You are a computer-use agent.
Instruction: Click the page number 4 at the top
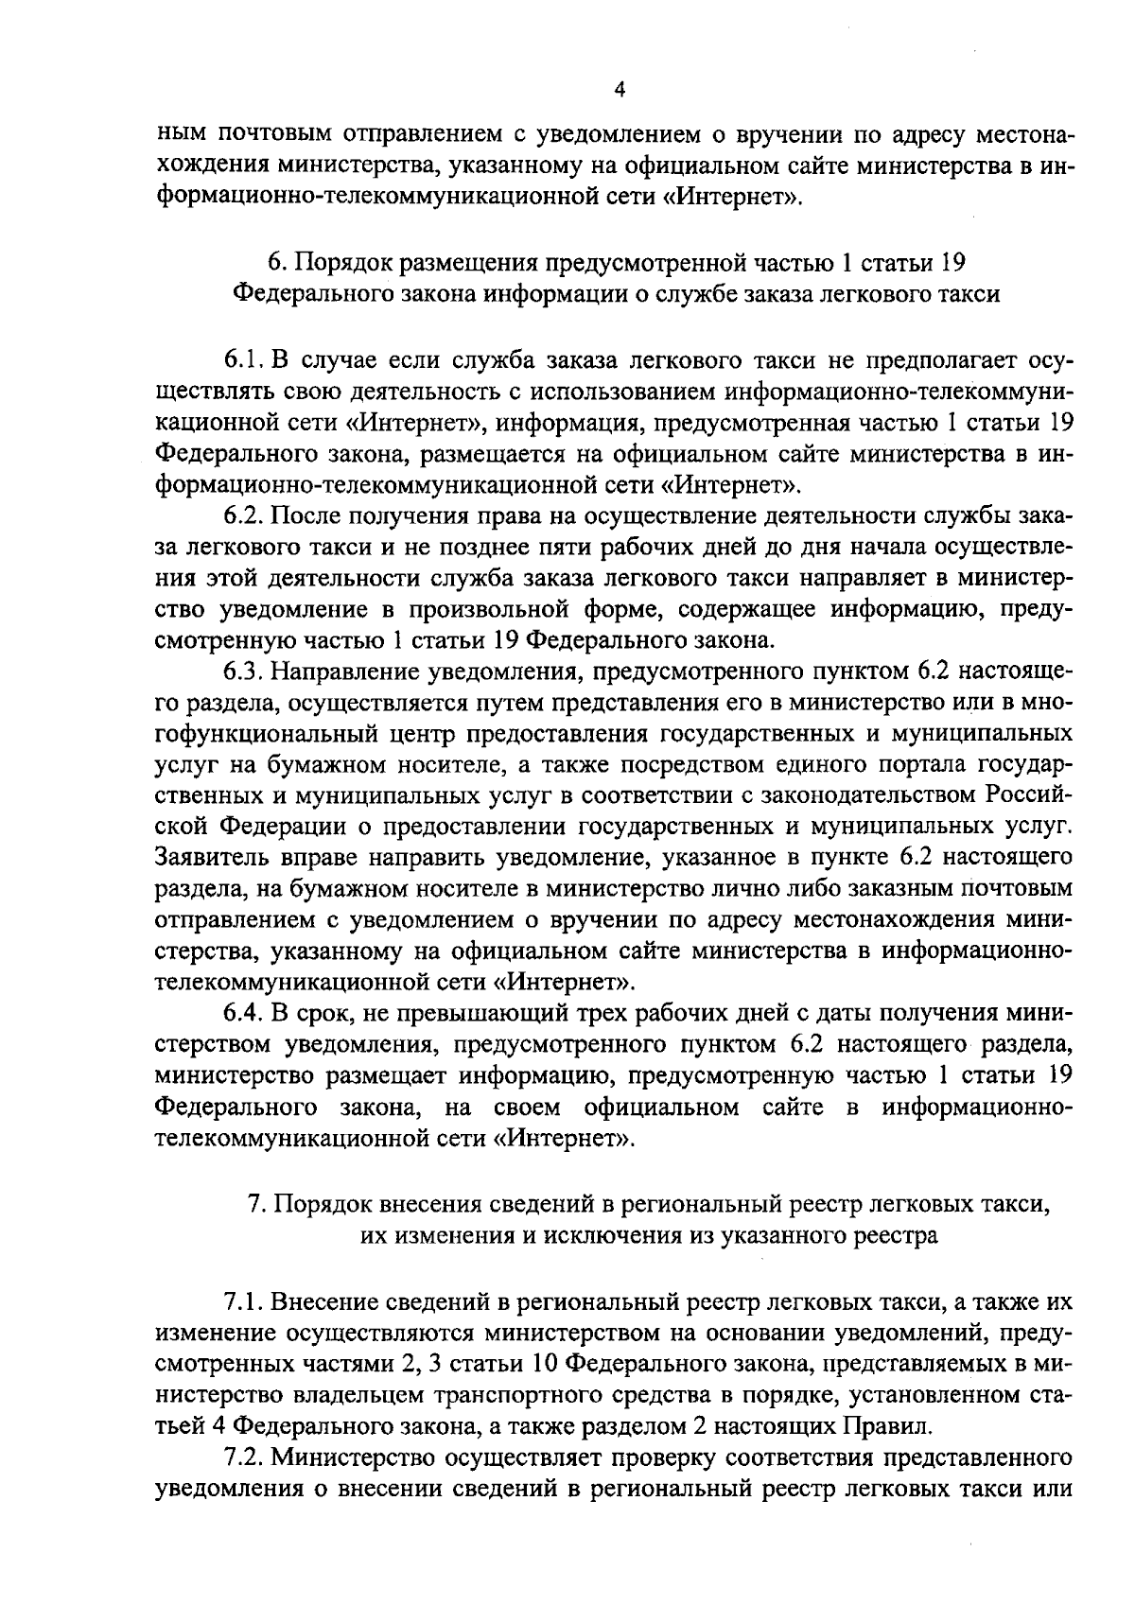620,90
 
